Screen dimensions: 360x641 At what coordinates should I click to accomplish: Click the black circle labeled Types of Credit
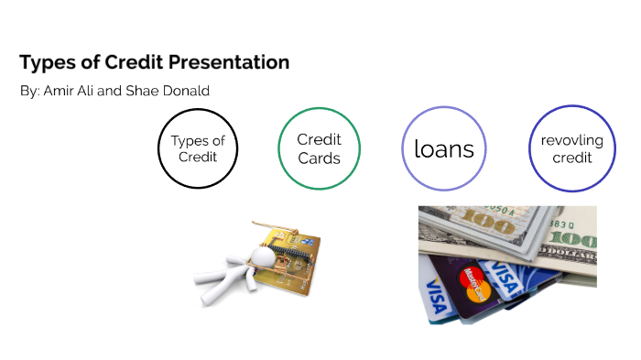197,148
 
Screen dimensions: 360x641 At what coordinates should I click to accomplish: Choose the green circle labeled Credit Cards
319,148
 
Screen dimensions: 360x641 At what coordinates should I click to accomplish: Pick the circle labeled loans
444,148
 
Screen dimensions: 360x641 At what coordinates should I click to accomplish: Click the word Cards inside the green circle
319,158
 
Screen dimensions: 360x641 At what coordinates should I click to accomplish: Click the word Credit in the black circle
197,158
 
